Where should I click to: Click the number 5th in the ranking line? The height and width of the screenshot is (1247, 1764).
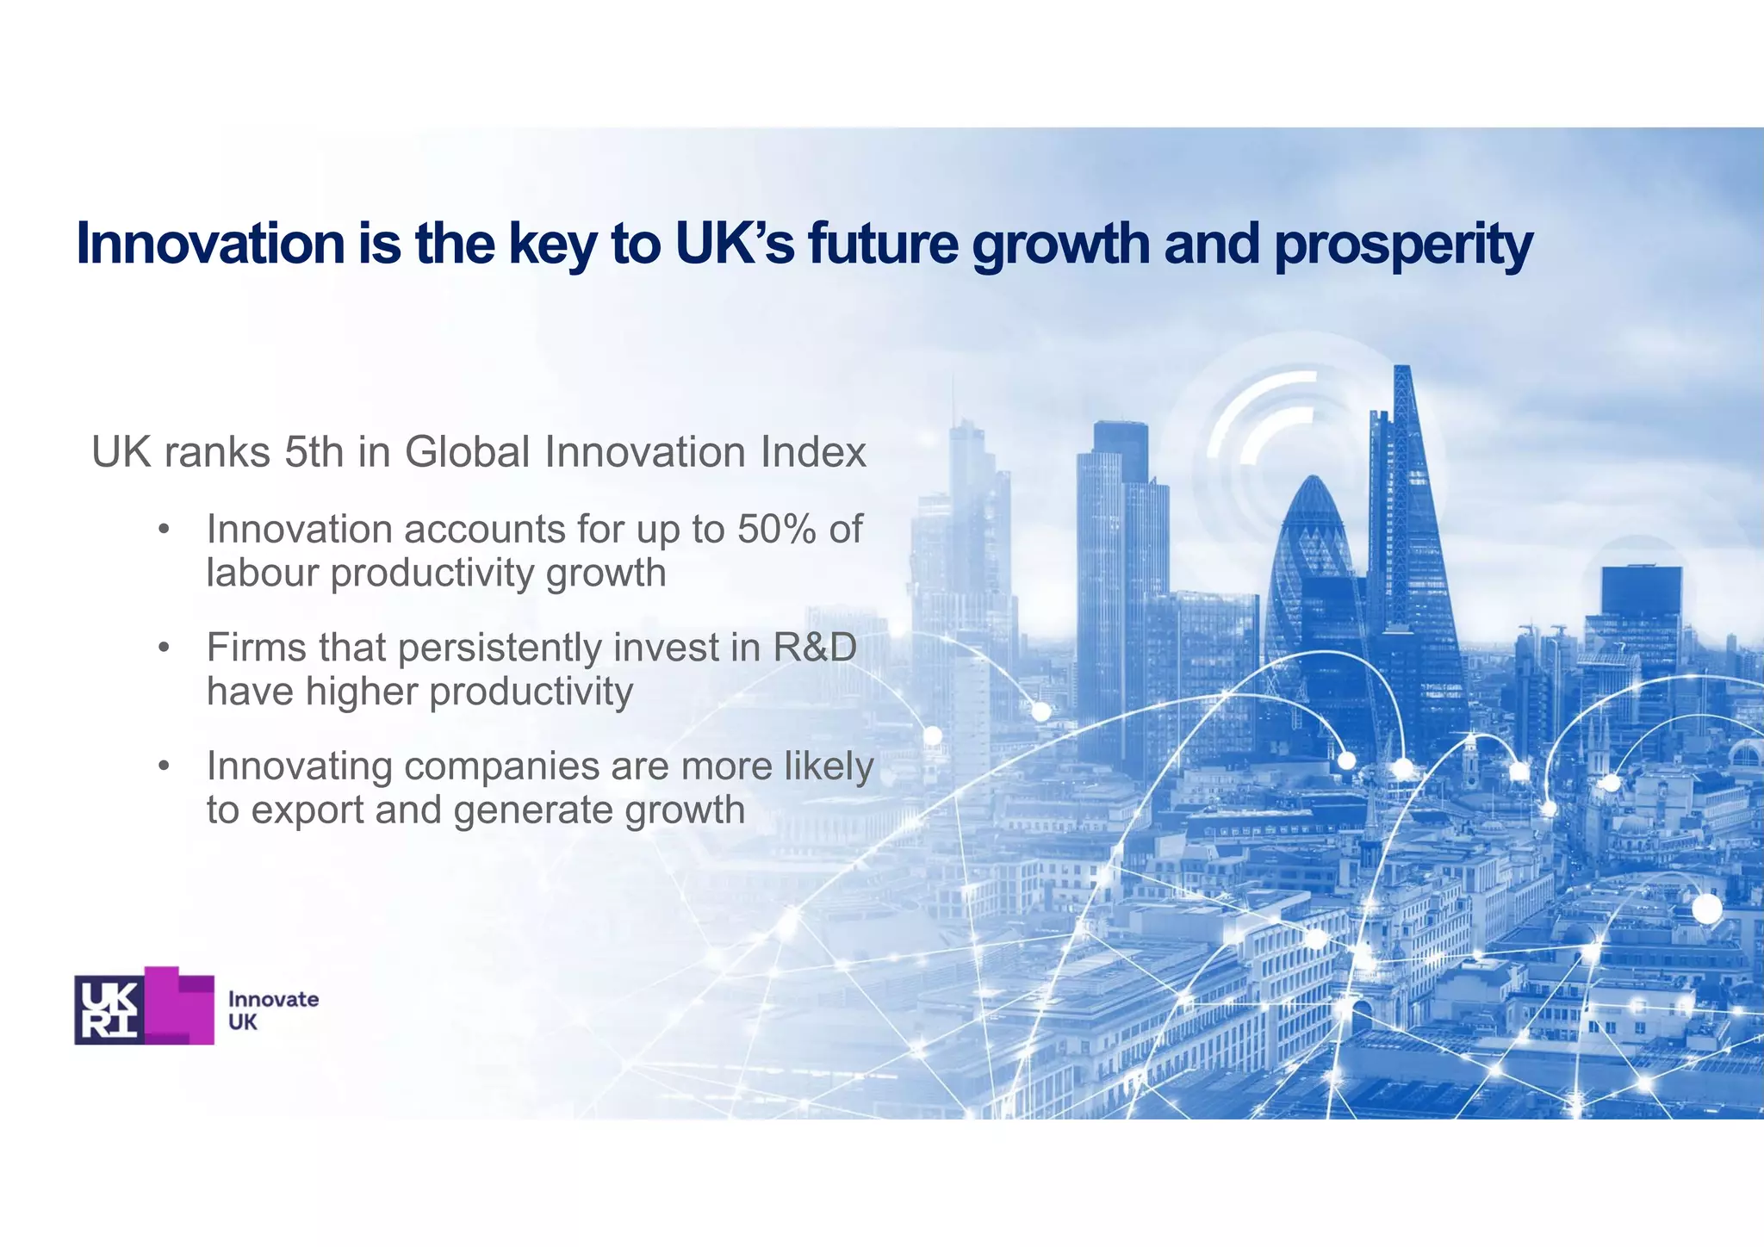(314, 452)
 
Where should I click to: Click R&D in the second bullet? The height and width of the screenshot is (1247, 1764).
(815, 648)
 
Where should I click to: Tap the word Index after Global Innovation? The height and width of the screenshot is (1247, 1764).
(813, 452)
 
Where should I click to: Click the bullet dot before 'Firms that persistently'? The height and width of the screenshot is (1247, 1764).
(163, 648)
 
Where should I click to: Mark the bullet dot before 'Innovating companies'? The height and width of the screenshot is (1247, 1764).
(163, 766)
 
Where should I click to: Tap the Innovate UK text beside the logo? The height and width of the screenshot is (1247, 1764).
(272, 1010)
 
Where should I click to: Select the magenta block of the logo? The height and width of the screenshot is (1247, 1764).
(181, 1006)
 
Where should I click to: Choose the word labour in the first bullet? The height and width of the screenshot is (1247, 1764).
(262, 574)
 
